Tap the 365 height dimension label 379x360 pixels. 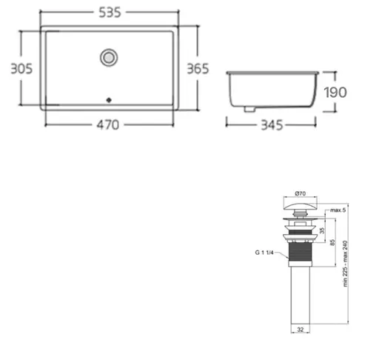[197, 69]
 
